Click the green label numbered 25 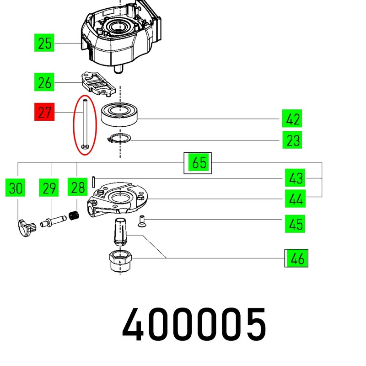pyautogui.click(x=44, y=43)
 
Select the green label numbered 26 pyautogui.click(x=44, y=82)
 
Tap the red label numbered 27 pyautogui.click(x=44, y=112)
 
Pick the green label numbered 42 pyautogui.click(x=292, y=118)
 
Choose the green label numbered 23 pyautogui.click(x=292, y=140)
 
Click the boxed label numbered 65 pyautogui.click(x=198, y=163)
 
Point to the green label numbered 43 pyautogui.click(x=295, y=178)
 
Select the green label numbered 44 pyautogui.click(x=295, y=199)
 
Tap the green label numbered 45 pyautogui.click(x=295, y=224)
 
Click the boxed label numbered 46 pyautogui.click(x=296, y=258)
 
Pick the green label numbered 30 pyautogui.click(x=15, y=188)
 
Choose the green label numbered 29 pyautogui.click(x=49, y=188)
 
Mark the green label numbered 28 pyautogui.click(x=77, y=187)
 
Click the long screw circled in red pyautogui.click(x=85, y=124)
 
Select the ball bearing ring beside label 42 pyautogui.click(x=120, y=115)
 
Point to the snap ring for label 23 pyautogui.click(x=119, y=138)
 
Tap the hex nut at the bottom pyautogui.click(x=120, y=260)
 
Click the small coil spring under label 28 pyautogui.click(x=74, y=215)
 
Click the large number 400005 pyautogui.click(x=194, y=324)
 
